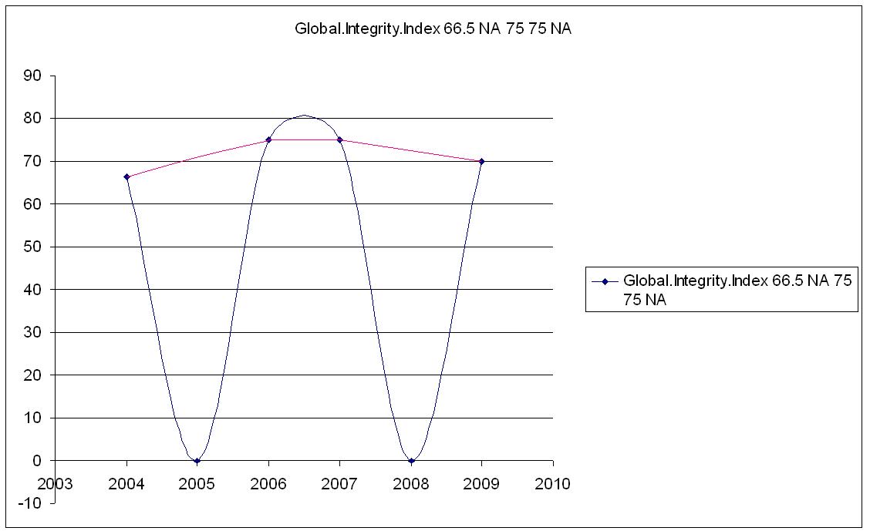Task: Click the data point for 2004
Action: pyautogui.click(x=126, y=177)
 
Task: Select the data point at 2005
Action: pyautogui.click(x=197, y=461)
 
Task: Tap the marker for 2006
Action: pyautogui.click(x=268, y=139)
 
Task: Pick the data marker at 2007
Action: pyautogui.click(x=339, y=139)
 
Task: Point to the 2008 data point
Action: pyautogui.click(x=411, y=461)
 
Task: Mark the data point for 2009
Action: pyautogui.click(x=482, y=161)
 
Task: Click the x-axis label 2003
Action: pyautogui.click(x=55, y=484)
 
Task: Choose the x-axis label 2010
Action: pyautogui.click(x=553, y=484)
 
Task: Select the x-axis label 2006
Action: pyautogui.click(x=268, y=484)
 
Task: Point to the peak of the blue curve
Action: pyautogui.click(x=304, y=116)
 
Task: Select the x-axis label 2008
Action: pyautogui.click(x=411, y=484)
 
